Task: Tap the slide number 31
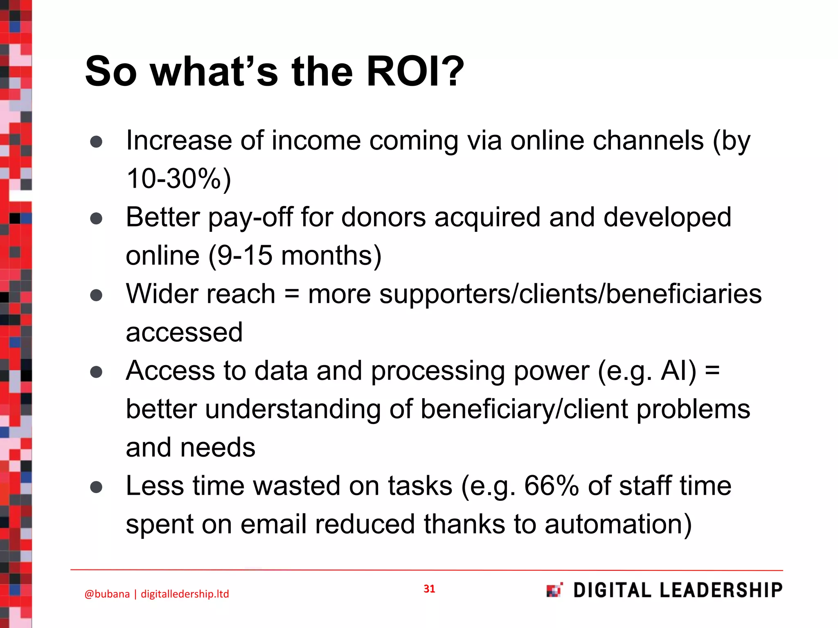point(429,589)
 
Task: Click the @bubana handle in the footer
point(107,594)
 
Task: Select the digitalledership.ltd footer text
point(185,594)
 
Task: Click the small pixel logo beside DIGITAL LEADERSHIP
point(554,590)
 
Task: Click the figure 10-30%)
point(179,179)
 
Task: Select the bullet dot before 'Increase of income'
point(96,141)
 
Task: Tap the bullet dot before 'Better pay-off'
point(96,218)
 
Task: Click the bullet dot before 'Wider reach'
point(96,295)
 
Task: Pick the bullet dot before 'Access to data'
point(96,372)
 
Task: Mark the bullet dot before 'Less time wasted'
point(96,487)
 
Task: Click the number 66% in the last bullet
point(551,486)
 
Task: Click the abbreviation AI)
point(678,371)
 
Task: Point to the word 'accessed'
point(184,332)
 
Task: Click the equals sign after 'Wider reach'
point(291,294)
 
